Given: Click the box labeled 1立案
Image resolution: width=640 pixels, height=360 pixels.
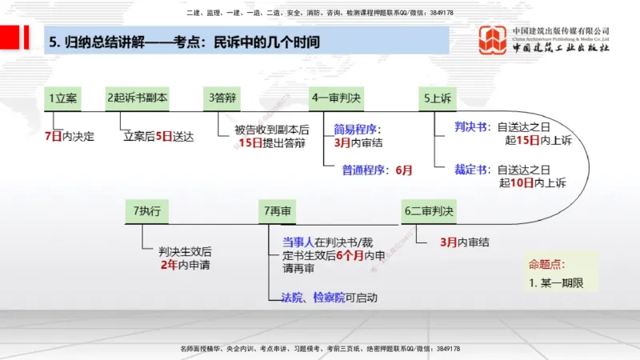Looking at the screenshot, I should (x=63, y=98).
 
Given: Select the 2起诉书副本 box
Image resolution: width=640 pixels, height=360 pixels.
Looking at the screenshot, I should (x=137, y=98).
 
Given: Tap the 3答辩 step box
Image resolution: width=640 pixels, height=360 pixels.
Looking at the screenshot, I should (x=223, y=98).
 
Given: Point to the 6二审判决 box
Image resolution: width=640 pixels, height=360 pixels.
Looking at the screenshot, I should (x=428, y=211).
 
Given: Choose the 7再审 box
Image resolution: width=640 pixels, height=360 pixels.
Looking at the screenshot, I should (x=277, y=211).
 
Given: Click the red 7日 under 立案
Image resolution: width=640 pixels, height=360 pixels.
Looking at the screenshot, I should (x=53, y=136).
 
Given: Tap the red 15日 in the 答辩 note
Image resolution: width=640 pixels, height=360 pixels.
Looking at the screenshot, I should (x=250, y=144).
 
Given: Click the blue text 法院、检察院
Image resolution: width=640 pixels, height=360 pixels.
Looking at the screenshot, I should (x=312, y=298).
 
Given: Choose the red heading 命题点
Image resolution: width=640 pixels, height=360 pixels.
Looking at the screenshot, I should (x=545, y=265).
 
